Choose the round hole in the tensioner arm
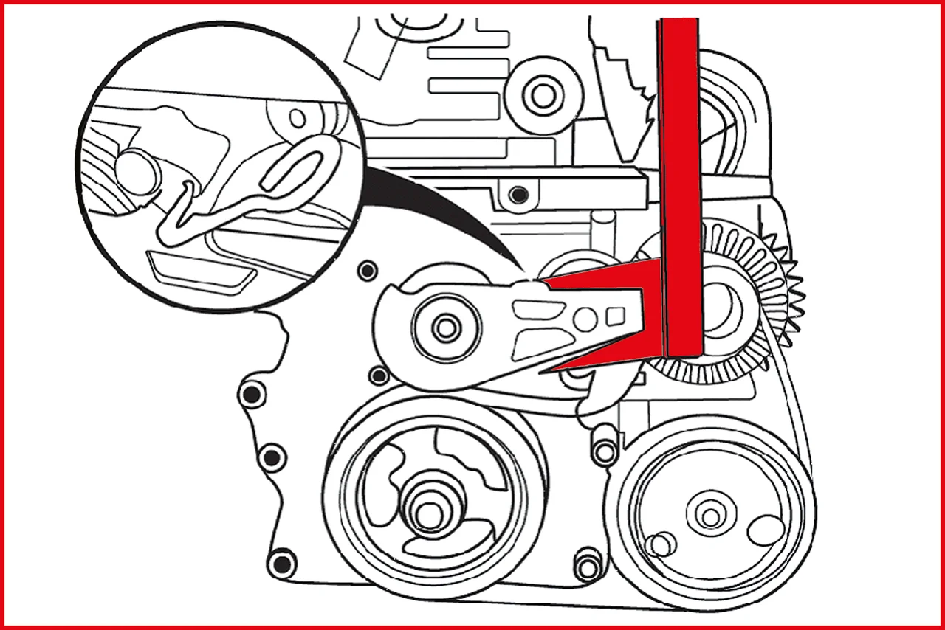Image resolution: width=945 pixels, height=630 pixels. (585, 319)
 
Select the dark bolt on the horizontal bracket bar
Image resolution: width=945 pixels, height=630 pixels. (520, 195)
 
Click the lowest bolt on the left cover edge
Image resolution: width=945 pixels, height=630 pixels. (282, 564)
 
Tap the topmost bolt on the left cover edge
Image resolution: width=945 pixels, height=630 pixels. (365, 271)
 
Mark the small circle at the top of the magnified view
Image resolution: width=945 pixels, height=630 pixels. (298, 117)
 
